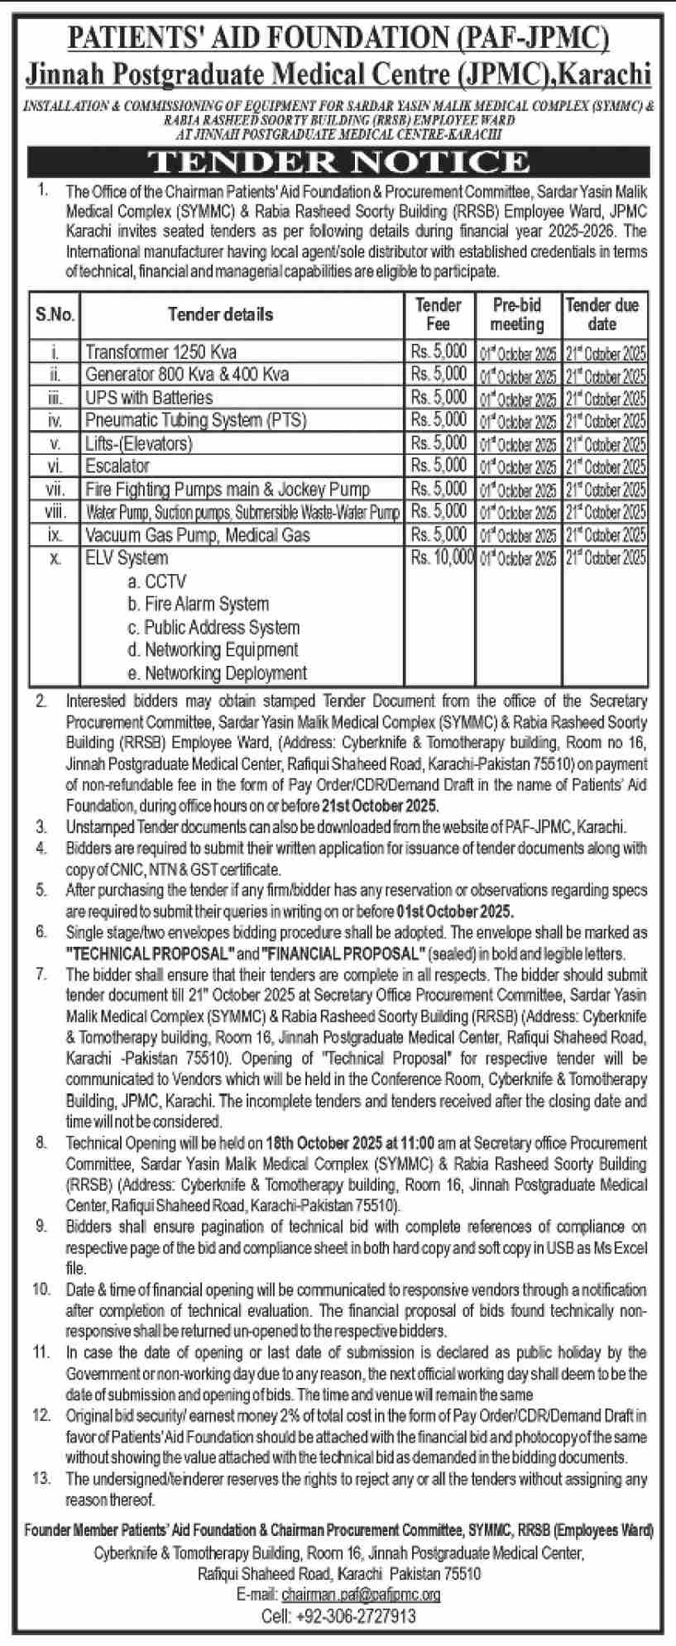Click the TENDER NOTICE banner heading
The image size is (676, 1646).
pos(338,161)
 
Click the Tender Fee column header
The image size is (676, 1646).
pos(438,314)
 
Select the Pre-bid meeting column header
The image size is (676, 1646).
pos(517,314)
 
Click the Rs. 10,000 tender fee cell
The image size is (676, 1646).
pos(442,557)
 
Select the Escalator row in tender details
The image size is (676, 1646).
pos(117,466)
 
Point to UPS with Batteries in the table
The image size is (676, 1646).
pos(149,397)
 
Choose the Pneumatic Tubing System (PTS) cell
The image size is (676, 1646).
pos(196,420)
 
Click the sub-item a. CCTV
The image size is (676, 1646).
pos(157,581)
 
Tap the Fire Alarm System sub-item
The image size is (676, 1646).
pos(206,604)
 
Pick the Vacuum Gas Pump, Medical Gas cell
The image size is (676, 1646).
pos(198,535)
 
